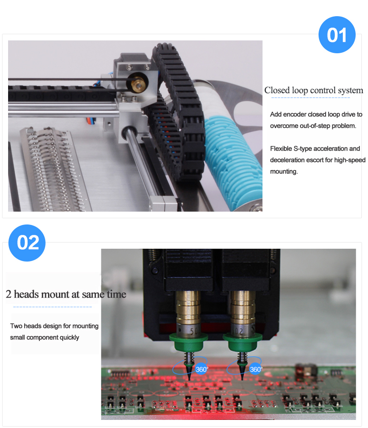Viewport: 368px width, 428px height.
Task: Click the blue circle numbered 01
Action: pyautogui.click(x=337, y=35)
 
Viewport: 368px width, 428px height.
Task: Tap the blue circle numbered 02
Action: pyautogui.click(x=27, y=243)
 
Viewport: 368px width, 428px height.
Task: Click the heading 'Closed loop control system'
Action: pyautogui.click(x=313, y=90)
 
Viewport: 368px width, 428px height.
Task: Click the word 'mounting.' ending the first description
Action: pyautogui.click(x=284, y=172)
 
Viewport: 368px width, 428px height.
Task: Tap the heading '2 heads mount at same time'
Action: pyautogui.click(x=66, y=294)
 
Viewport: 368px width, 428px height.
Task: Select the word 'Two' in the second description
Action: pyautogui.click(x=16, y=326)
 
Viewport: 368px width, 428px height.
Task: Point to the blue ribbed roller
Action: pyautogui.click(x=232, y=157)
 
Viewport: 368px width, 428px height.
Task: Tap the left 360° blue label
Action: pyautogui.click(x=202, y=369)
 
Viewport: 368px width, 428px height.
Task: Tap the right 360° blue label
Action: pyautogui.click(x=256, y=369)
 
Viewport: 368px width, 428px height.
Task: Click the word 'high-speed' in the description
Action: pyautogui.click(x=349, y=160)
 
